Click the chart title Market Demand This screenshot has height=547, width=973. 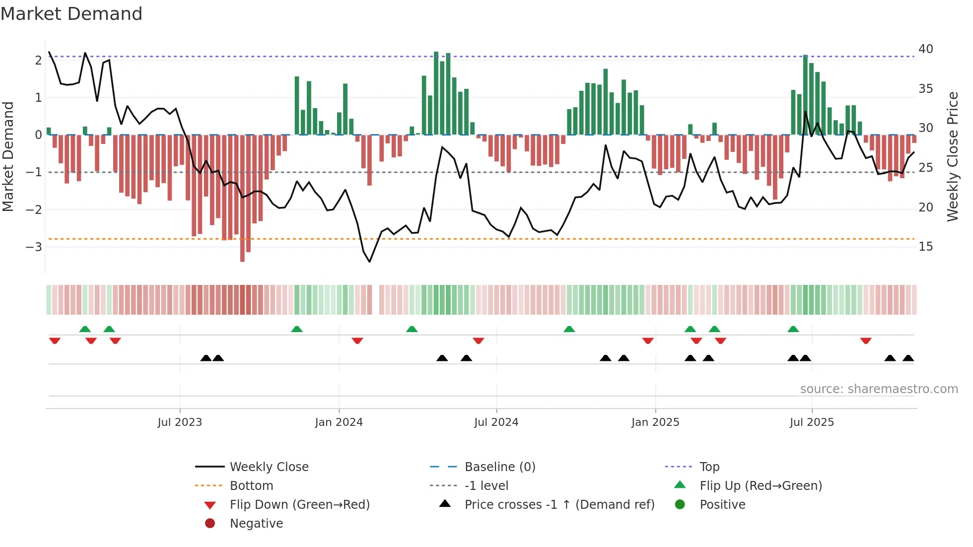(x=71, y=14)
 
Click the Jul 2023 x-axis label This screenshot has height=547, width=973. (x=180, y=422)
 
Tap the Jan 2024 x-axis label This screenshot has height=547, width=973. (x=339, y=422)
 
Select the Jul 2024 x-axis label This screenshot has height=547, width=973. (x=496, y=422)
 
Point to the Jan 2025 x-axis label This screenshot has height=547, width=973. (x=655, y=422)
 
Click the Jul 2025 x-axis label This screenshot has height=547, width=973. (x=812, y=422)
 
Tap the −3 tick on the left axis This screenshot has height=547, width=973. (x=34, y=247)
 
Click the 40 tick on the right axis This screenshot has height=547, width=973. (x=925, y=49)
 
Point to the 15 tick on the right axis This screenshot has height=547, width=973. (x=925, y=247)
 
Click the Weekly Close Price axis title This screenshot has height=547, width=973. (x=952, y=156)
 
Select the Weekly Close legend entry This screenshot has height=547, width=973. (x=269, y=467)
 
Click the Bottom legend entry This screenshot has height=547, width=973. (x=251, y=485)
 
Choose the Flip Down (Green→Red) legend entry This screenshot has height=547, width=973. (x=299, y=504)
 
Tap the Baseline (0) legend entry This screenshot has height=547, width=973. (x=499, y=467)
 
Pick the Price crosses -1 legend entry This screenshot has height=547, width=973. (x=559, y=504)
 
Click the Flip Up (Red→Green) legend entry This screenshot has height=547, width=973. (x=761, y=485)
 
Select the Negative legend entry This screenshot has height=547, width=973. (x=256, y=523)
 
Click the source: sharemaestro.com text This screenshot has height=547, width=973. (x=879, y=389)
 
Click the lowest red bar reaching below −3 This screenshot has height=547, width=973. (x=242, y=248)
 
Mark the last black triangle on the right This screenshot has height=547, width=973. (x=908, y=358)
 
